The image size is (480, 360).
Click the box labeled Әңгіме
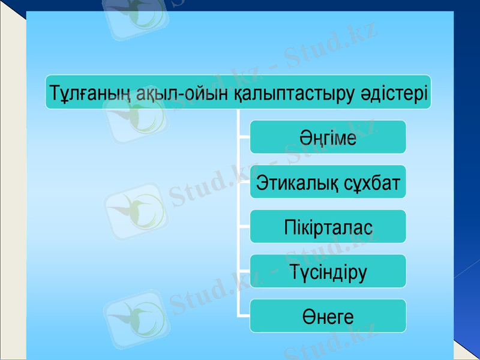[328, 137]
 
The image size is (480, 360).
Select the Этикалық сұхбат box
[328, 182]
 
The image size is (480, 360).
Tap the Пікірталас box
[328, 227]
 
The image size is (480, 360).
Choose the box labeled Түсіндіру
[328, 271]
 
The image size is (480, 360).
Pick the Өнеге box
[328, 316]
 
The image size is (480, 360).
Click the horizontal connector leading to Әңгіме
[244, 137]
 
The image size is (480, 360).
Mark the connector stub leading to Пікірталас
[244, 227]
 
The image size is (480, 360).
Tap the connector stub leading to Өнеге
[244, 316]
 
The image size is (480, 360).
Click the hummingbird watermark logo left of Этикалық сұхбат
[136, 211]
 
